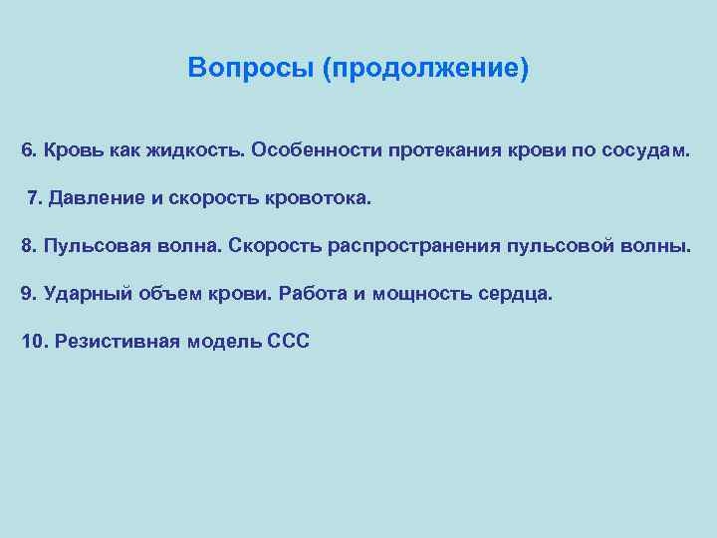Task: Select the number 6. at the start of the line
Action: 29,150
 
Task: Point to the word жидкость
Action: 194,150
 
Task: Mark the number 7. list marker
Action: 36,198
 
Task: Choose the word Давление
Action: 98,198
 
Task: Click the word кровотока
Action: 318,198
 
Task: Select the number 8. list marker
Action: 29,246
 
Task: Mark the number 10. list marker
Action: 34,342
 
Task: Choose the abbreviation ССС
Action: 289,342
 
